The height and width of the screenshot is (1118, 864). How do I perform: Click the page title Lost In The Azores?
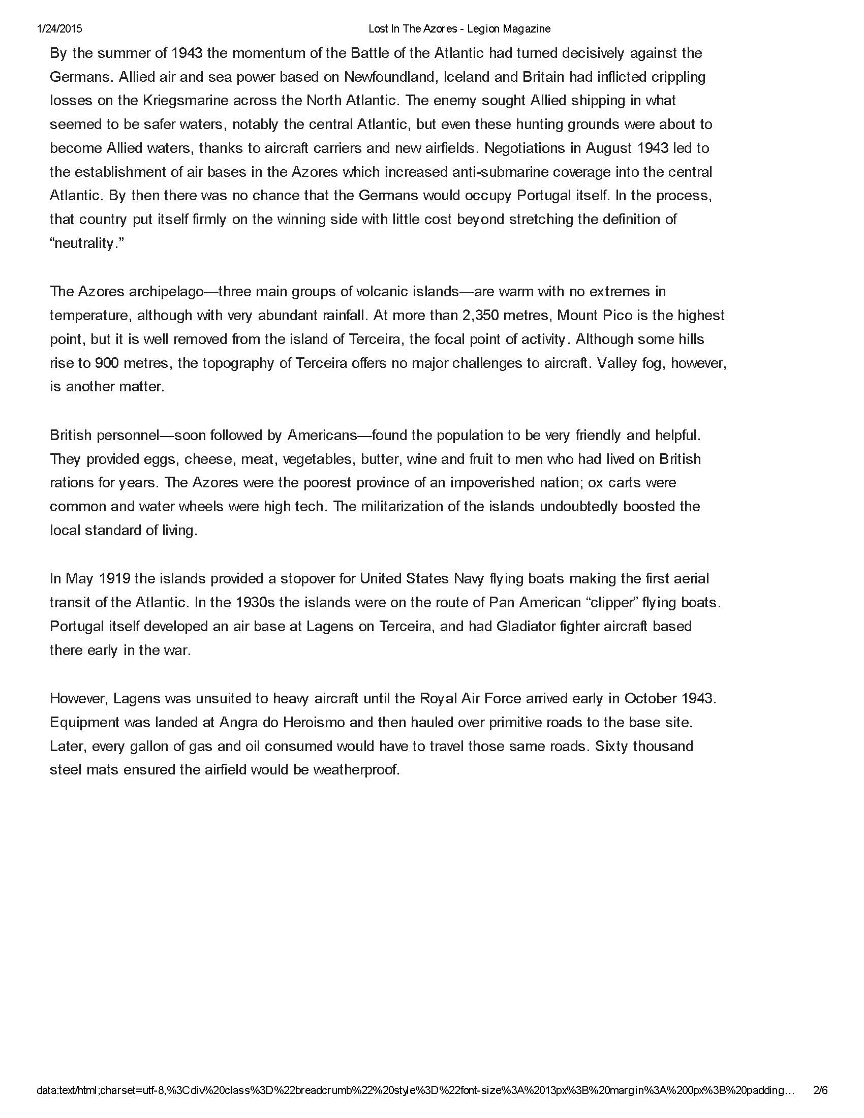tap(413, 28)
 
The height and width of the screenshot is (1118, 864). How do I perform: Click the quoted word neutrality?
tap(86, 243)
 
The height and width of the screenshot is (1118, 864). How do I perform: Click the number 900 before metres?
tap(106, 363)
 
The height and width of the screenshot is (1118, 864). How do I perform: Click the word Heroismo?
tap(334, 722)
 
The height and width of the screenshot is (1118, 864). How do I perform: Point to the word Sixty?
tap(611, 746)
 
